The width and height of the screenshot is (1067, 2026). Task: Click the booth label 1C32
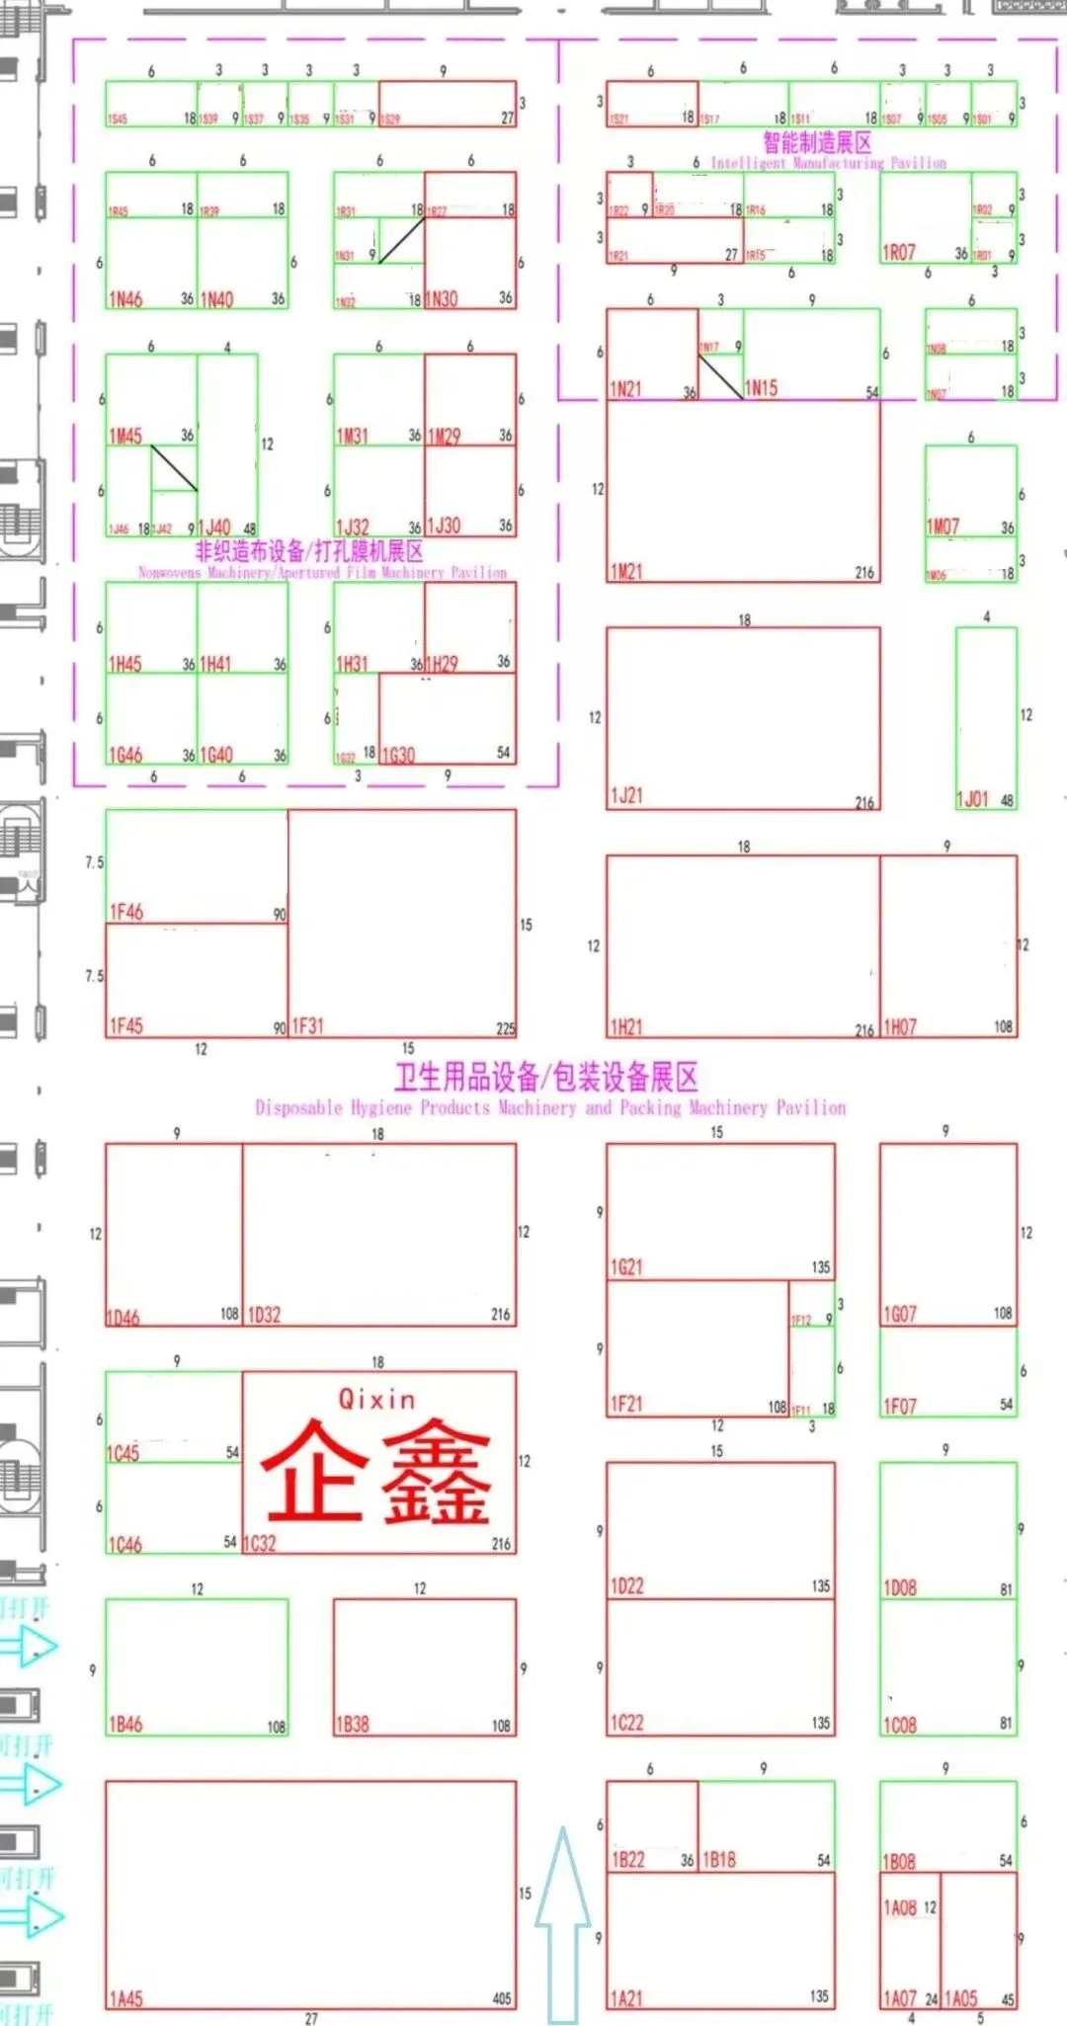pyautogui.click(x=260, y=1543)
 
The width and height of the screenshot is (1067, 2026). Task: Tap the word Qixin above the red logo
pyautogui.click(x=376, y=1399)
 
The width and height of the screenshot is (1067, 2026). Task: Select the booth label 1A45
pyautogui.click(x=125, y=1998)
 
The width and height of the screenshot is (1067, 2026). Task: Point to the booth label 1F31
pyautogui.click(x=307, y=1026)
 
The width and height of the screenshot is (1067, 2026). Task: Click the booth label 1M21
pyautogui.click(x=626, y=571)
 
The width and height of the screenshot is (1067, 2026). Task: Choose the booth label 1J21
pyautogui.click(x=626, y=795)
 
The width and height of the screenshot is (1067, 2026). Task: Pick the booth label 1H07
pyautogui.click(x=899, y=1027)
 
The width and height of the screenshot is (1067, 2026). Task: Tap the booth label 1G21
pyautogui.click(x=626, y=1266)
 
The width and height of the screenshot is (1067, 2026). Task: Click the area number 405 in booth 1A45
pyautogui.click(x=502, y=1998)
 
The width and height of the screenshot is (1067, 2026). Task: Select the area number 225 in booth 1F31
pyautogui.click(x=505, y=1028)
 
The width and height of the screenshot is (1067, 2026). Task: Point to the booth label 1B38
pyautogui.click(x=353, y=1724)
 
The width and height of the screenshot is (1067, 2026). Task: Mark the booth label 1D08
pyautogui.click(x=899, y=1587)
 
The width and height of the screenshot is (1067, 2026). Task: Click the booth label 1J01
pyautogui.click(x=972, y=799)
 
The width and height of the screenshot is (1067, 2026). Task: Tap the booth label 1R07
pyautogui.click(x=899, y=252)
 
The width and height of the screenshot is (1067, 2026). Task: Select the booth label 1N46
pyautogui.click(x=125, y=298)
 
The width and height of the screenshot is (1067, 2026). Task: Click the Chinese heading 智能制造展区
pyautogui.click(x=817, y=142)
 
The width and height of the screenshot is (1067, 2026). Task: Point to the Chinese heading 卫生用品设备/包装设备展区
pyautogui.click(x=546, y=1076)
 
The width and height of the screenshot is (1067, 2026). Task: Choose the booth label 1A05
pyautogui.click(x=960, y=1998)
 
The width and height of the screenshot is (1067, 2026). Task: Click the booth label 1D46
pyautogui.click(x=123, y=1317)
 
